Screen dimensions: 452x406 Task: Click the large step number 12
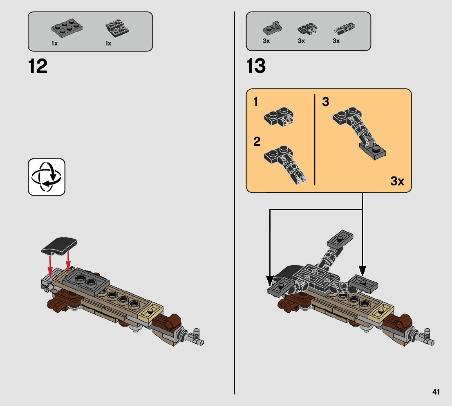coord(38,67)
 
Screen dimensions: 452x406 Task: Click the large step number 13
coord(256,66)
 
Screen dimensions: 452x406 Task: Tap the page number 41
coord(436,392)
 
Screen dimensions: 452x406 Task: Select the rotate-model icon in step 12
coord(47,177)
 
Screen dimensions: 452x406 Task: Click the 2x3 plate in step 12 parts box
coord(67,28)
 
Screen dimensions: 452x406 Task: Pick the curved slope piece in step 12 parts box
coord(117,28)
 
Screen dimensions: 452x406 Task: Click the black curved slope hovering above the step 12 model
coord(59,246)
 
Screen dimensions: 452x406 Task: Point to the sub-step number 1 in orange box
coord(256,102)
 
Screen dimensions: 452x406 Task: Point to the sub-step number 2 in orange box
coord(257,142)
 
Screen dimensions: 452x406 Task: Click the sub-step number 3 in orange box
coord(325,102)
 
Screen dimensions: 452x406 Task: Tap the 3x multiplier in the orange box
coord(397,181)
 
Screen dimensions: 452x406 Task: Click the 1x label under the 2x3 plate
coord(54,43)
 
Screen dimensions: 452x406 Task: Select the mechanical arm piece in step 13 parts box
coord(344,28)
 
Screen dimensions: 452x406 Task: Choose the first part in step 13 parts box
coord(272,28)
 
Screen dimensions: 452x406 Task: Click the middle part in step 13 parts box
coord(308,29)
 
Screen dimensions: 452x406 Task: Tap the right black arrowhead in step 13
coord(362,271)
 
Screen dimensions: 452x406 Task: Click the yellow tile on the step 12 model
coord(150,311)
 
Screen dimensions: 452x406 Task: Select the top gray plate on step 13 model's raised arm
coord(340,238)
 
